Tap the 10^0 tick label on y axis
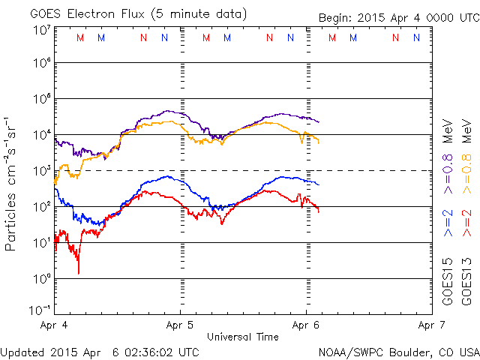pyautogui.click(x=41, y=278)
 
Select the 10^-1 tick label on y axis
pyautogui.click(x=41, y=309)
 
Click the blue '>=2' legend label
pyautogui.click(x=448, y=223)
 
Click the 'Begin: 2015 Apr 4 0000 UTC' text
pyautogui.click(x=397, y=16)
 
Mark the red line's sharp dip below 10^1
pyautogui.click(x=79, y=272)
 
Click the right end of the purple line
pyautogui.click(x=319, y=121)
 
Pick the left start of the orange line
pyautogui.click(x=55, y=182)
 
